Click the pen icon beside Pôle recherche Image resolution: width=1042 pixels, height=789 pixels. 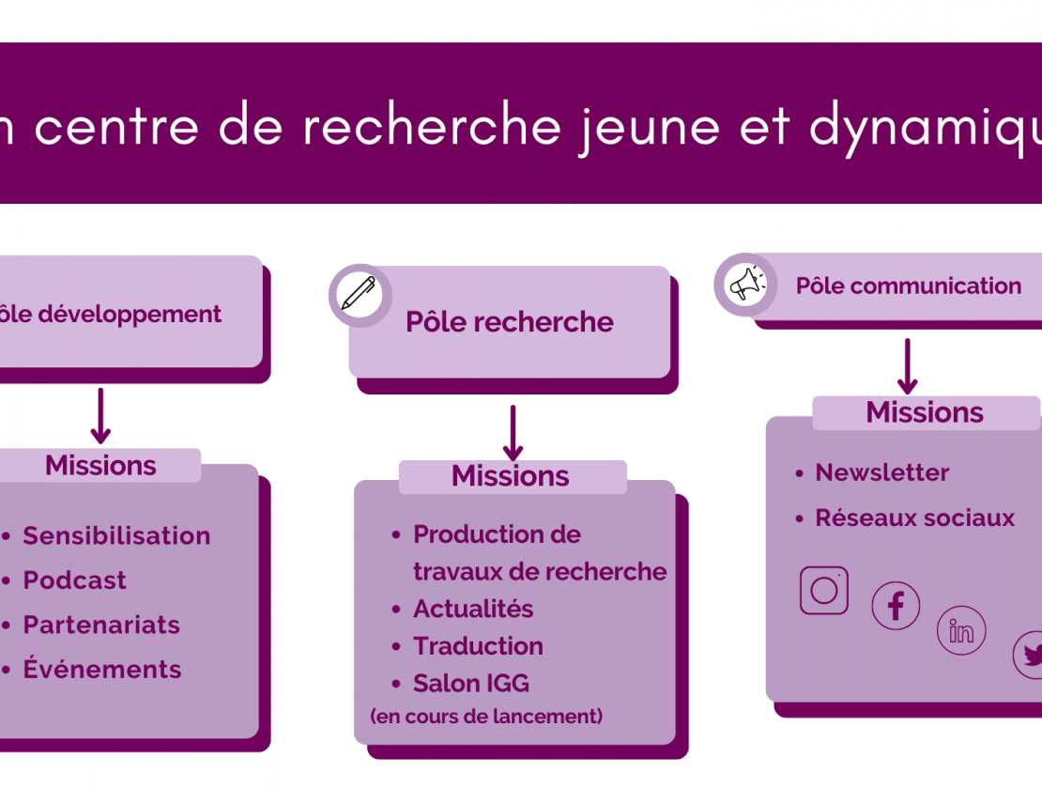pos(359,294)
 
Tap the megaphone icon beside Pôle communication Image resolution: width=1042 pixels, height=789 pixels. pos(747,286)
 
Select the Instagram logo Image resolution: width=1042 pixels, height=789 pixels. pos(824,590)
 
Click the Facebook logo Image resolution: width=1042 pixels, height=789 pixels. pos(896,606)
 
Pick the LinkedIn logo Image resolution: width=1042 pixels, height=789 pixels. pos(961,630)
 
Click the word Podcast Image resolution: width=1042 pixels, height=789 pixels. pos(74,580)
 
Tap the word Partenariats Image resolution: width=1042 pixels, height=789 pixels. pos(101,625)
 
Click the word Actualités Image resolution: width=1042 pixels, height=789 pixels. pos(473,609)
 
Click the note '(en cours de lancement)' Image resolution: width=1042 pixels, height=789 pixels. pos(486,717)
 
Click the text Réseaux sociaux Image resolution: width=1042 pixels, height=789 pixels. pos(915,518)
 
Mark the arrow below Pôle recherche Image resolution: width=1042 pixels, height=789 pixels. pos(513,433)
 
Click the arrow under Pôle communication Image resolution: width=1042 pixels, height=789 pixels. pos(907,366)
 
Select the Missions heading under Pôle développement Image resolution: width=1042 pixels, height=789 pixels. pos(100,465)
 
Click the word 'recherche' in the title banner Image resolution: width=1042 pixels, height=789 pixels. pos(432,125)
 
